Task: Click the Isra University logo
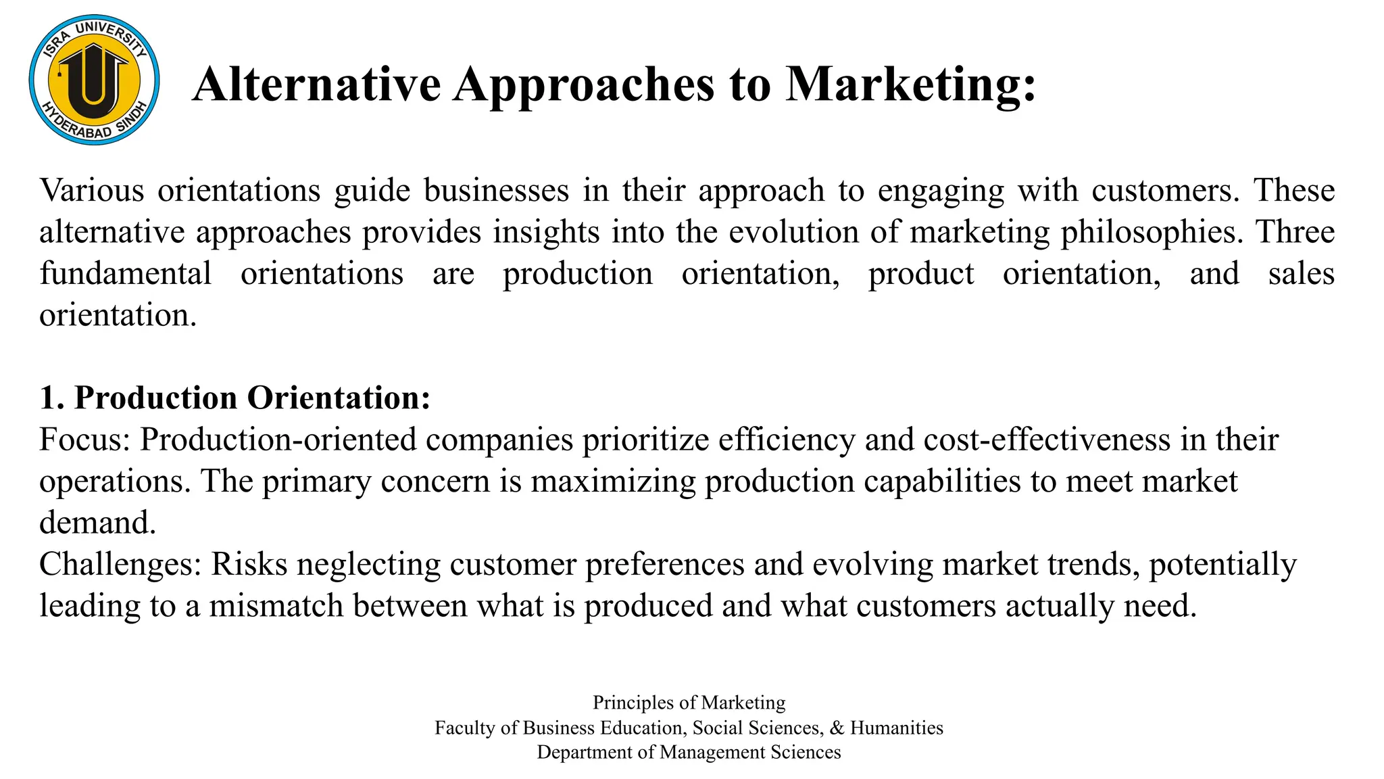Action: point(94,80)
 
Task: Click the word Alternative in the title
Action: point(316,85)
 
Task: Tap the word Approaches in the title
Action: point(583,85)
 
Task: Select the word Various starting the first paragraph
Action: point(92,190)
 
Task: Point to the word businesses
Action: point(497,190)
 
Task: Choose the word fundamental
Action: point(126,273)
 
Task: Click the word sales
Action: point(1301,273)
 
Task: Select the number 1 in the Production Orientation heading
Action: point(48,398)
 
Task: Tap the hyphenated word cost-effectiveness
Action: point(1046,440)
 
